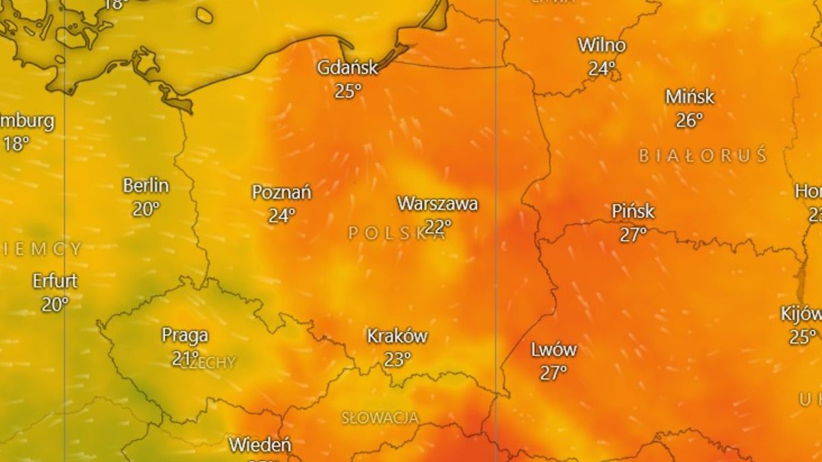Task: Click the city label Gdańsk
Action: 347,68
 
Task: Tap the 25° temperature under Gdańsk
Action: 348,91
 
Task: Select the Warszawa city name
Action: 437,203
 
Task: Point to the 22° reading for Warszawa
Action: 438,226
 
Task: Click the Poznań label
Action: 282,192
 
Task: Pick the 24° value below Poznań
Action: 282,216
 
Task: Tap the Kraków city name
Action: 397,336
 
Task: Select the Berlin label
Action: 146,185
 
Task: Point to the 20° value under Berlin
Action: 146,209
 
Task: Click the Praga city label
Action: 185,335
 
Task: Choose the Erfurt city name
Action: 55,281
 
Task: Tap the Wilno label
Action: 602,46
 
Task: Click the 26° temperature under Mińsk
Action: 690,120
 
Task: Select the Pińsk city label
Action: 633,211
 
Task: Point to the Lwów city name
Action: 553,350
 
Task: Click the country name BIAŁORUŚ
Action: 703,156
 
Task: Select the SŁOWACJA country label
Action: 379,417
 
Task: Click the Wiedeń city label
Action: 260,444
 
